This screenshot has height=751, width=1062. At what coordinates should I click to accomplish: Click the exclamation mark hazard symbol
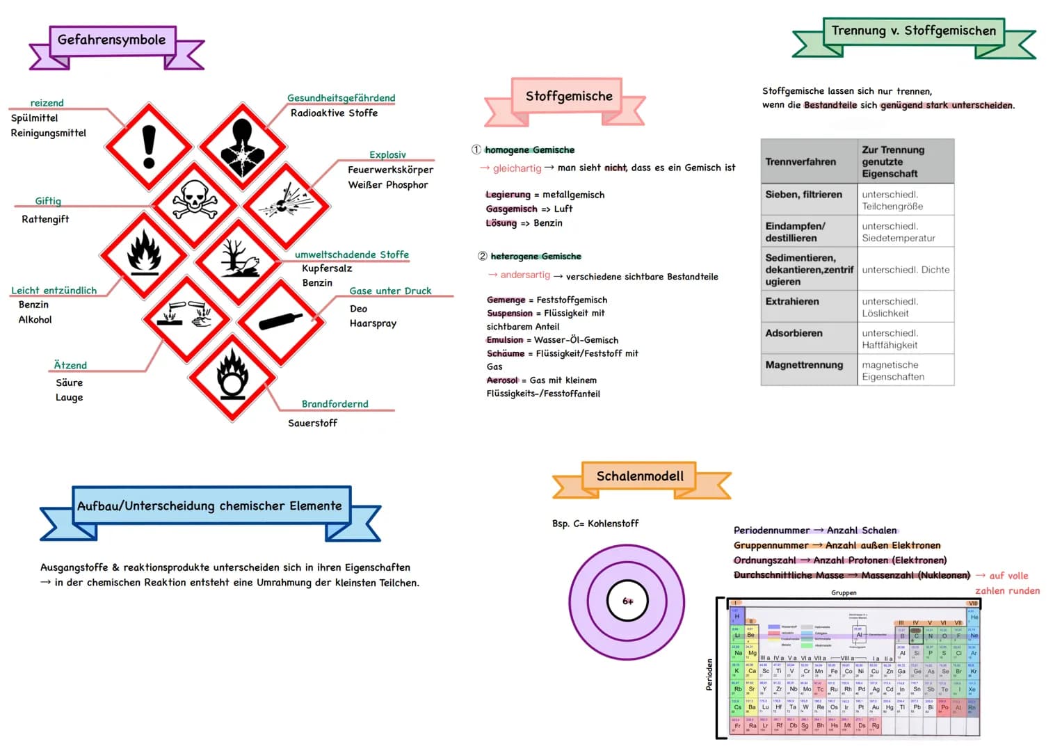(x=148, y=147)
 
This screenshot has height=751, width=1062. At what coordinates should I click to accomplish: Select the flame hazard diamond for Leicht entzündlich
(x=144, y=255)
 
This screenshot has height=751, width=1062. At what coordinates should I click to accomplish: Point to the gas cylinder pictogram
(x=281, y=321)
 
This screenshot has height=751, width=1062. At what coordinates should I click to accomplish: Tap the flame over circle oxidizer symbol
(x=232, y=378)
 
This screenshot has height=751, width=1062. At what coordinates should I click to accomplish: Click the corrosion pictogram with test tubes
(x=186, y=318)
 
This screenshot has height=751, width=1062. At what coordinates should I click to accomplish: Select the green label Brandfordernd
(x=335, y=404)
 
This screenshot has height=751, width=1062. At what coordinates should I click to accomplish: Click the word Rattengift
(x=45, y=219)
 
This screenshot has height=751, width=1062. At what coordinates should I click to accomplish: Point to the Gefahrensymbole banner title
(x=112, y=40)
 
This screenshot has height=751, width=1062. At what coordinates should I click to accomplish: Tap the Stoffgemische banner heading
(x=569, y=96)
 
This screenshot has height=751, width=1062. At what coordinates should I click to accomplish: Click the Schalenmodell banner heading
(x=640, y=476)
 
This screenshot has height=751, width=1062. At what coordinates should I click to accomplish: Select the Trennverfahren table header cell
(x=800, y=161)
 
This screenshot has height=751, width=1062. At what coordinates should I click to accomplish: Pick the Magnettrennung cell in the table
(x=804, y=364)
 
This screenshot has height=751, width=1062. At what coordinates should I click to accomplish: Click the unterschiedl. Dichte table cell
(x=906, y=270)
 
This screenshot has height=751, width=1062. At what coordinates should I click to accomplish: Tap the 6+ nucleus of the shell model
(x=627, y=601)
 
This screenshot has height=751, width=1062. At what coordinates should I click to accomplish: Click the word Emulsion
(x=505, y=340)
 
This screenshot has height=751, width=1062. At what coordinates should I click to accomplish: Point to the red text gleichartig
(x=517, y=168)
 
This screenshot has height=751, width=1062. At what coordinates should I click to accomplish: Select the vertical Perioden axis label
(x=709, y=675)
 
